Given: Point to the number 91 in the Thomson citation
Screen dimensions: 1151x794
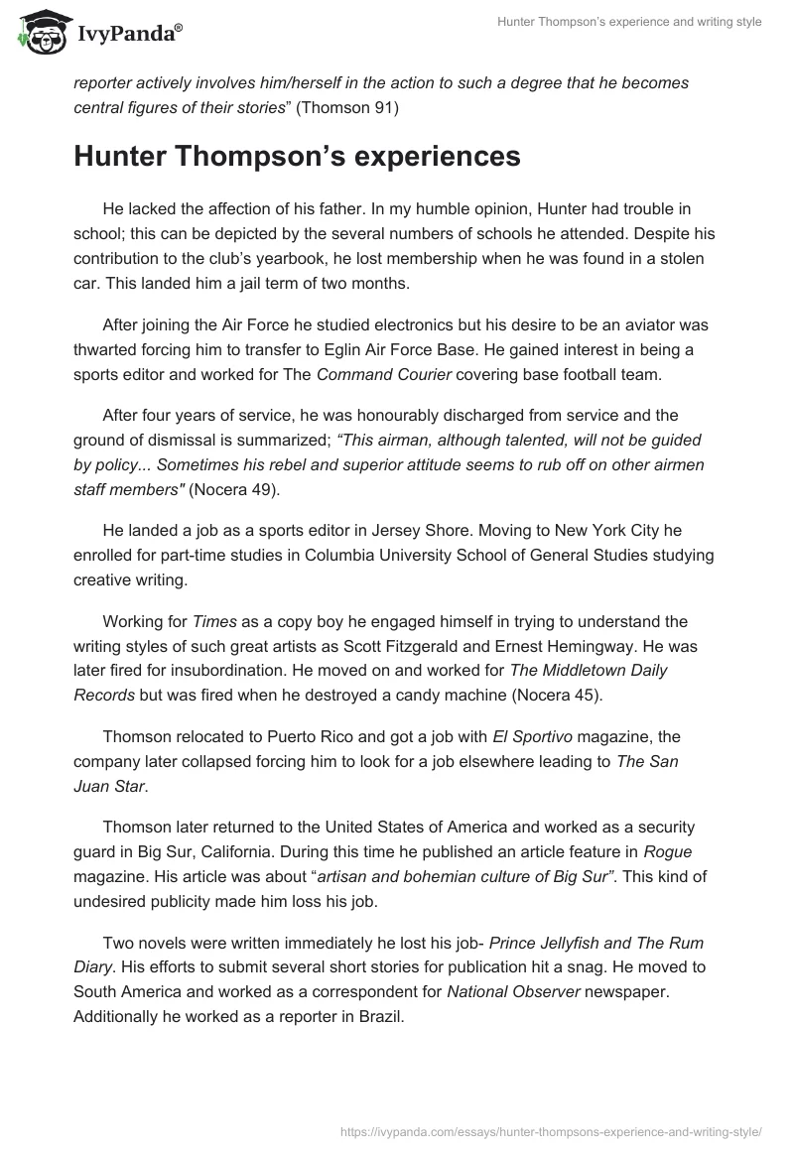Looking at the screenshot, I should (x=382, y=109).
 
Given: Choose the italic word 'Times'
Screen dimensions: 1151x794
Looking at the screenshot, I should (x=213, y=621).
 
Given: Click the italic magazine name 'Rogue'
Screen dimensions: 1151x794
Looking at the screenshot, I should (x=640, y=851).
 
